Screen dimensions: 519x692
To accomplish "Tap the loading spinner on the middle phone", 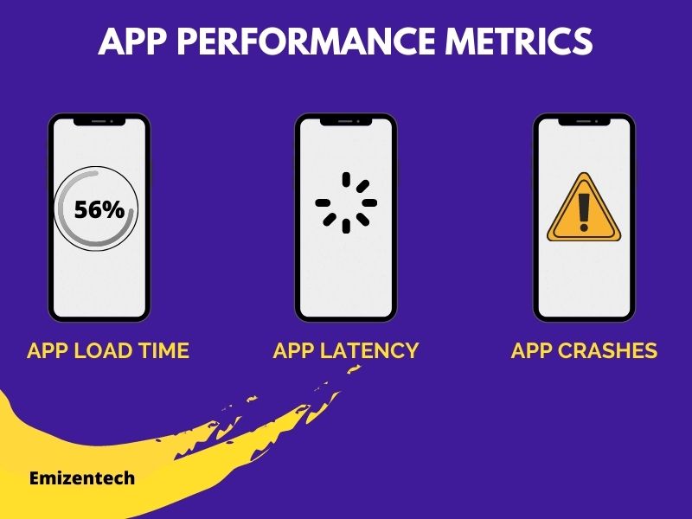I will pyautogui.click(x=346, y=202).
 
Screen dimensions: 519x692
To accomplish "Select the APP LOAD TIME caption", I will pyautogui.click(x=108, y=350).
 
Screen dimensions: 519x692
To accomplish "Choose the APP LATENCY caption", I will pyautogui.click(x=346, y=350).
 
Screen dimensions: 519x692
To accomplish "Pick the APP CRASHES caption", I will pyautogui.click(x=584, y=350).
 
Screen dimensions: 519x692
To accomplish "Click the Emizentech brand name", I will pyautogui.click(x=81, y=477).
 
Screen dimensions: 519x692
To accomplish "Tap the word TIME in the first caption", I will pyautogui.click(x=163, y=350).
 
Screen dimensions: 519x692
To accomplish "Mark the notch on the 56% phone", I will pyautogui.click(x=99, y=123).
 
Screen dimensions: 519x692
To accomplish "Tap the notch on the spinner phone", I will pyautogui.click(x=346, y=123).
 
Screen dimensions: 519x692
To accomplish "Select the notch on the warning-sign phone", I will pyautogui.click(x=584, y=123).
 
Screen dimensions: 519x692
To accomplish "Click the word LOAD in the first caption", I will pyautogui.click(x=101, y=350).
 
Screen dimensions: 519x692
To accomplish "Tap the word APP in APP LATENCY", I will pyautogui.click(x=293, y=350).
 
